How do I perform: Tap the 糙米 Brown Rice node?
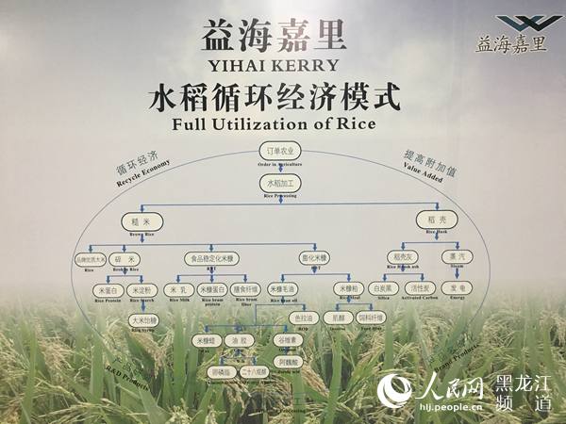click(x=129, y=220)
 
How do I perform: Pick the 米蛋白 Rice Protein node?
click(x=108, y=290)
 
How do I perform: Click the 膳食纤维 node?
click(x=244, y=290)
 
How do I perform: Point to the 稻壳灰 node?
click(x=398, y=256)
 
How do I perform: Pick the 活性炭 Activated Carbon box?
click(x=416, y=288)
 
